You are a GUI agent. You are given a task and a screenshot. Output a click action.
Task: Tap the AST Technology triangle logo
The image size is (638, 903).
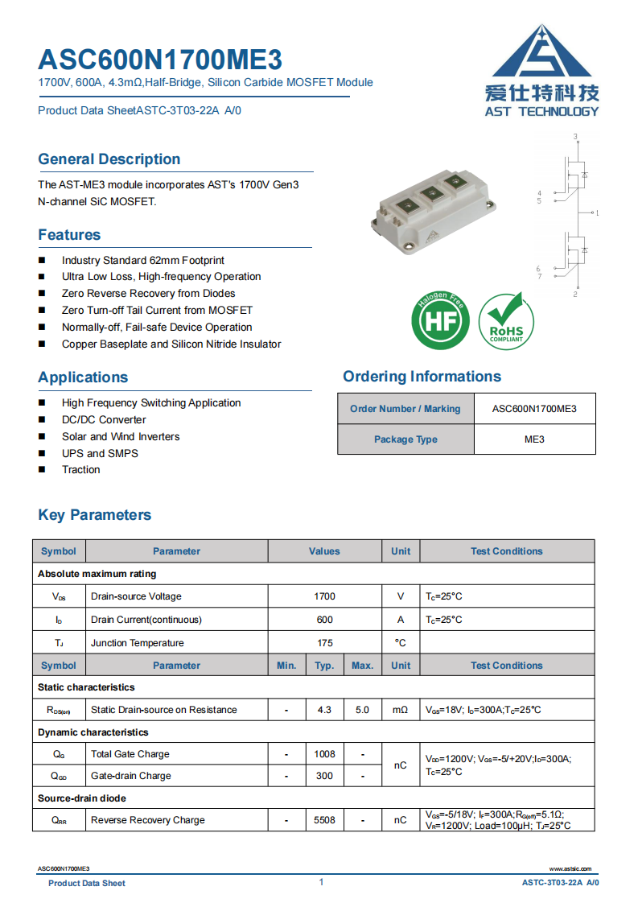[x=541, y=53]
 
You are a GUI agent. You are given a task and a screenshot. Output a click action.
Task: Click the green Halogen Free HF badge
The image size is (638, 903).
[x=440, y=321]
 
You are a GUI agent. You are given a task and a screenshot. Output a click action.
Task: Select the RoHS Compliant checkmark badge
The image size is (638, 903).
[x=505, y=321]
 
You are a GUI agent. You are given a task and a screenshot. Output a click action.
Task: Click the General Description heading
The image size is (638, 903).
[x=109, y=159]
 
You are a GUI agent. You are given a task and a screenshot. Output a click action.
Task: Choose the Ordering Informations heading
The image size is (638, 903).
[x=422, y=377]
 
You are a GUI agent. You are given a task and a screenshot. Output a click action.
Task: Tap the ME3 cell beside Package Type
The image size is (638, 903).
[x=534, y=439]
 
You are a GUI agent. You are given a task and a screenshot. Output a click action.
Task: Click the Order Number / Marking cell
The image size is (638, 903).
[x=405, y=409]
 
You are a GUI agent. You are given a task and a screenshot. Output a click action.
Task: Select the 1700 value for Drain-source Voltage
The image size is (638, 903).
[x=324, y=596]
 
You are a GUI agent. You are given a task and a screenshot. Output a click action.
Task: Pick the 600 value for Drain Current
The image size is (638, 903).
[x=324, y=620]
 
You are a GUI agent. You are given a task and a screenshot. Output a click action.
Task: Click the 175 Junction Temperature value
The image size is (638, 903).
[x=324, y=643]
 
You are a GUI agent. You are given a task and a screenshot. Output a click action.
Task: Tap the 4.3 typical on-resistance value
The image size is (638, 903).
[x=324, y=710]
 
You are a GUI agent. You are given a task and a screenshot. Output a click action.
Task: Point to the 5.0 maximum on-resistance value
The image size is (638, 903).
[x=362, y=710]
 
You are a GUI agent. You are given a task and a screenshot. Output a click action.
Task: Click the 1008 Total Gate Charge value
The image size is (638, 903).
[x=324, y=754]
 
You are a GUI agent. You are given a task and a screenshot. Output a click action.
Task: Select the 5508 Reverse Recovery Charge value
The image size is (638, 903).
[x=324, y=820]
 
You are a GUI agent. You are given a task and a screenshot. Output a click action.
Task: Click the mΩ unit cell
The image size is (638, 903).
[x=400, y=710]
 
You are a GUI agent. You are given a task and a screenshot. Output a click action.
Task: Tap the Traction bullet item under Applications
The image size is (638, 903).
[x=81, y=470]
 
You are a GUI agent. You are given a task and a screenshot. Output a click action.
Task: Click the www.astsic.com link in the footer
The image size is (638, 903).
[x=570, y=869]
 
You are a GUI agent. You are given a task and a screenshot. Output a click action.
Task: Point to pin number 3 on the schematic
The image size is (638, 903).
[x=575, y=137]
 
